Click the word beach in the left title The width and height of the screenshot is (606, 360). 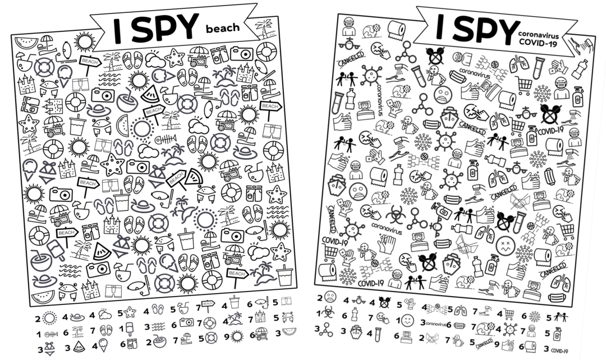223,26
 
